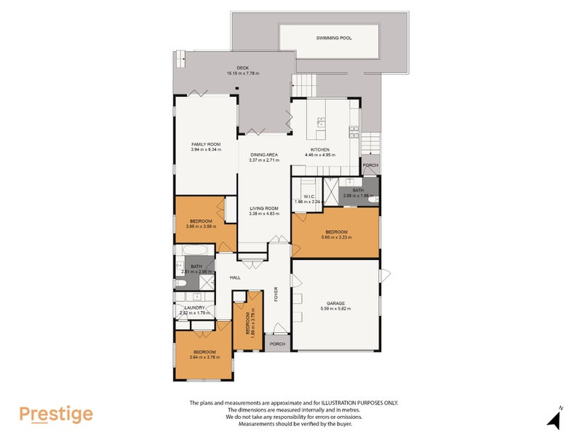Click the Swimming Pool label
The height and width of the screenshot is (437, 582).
coord(334,37)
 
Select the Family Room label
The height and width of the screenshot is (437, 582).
coord(205,145)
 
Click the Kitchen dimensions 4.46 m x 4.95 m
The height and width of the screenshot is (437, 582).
coord(321,154)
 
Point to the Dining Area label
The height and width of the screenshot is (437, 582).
coord(264,155)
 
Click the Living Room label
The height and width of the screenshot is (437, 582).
coord(264,208)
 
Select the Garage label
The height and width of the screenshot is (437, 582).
coord(335,303)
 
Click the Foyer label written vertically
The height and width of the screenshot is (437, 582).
coord(276,294)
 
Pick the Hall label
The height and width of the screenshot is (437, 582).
coord(235,277)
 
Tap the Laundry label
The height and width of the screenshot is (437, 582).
coord(194,307)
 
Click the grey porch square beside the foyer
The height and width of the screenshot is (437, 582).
coord(277,344)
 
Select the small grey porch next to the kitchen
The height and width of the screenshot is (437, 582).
coord(370,165)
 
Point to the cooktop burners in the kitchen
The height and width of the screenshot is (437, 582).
coord(354,132)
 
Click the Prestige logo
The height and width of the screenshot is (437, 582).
coord(56,414)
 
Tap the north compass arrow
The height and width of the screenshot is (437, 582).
coord(555,419)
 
